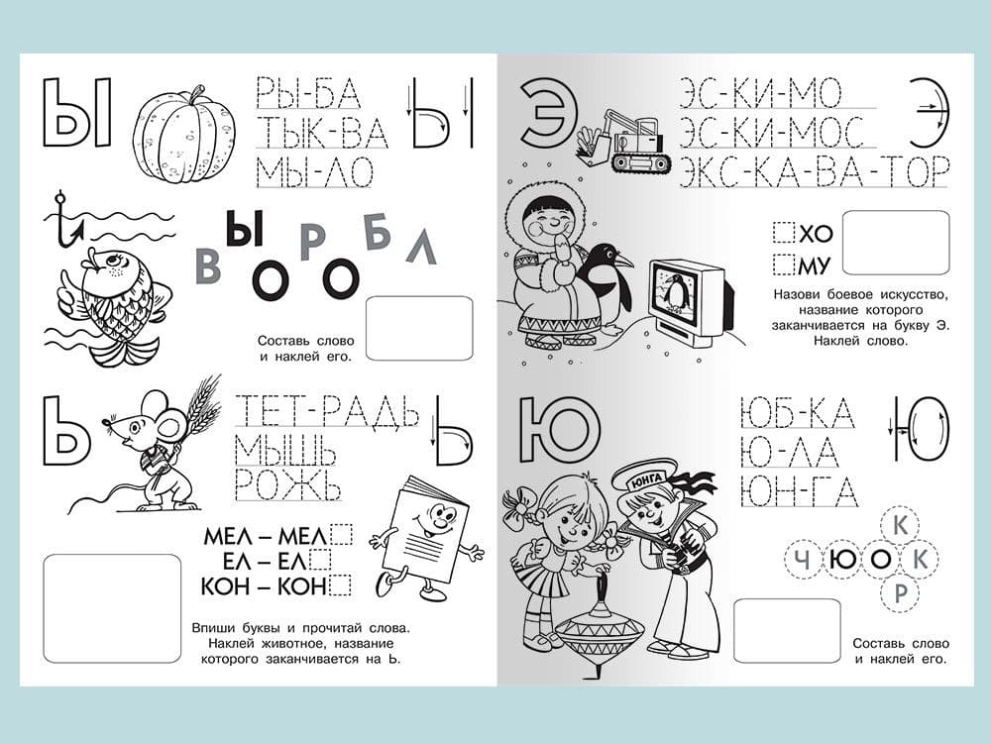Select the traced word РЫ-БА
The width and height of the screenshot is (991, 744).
coord(308,93)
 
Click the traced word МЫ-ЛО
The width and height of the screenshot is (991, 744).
coord(314,171)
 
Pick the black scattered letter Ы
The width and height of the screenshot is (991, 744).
coord(244,229)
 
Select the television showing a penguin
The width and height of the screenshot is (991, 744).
coord(692,302)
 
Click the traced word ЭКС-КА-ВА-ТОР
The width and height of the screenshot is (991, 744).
coord(814,170)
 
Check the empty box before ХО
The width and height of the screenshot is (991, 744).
coord(784,233)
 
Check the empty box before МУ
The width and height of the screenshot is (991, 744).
coord(784,264)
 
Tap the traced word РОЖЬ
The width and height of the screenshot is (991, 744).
coord(287,484)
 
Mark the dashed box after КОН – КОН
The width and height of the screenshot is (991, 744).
coord(341,585)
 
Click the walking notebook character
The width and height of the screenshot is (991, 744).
coord(425,537)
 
